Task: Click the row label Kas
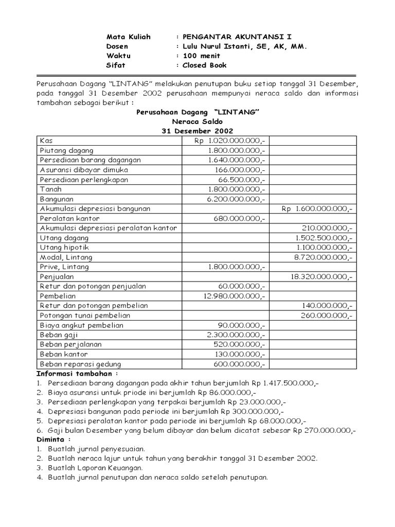pyautogui.click(x=46, y=140)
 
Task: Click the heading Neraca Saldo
pyautogui.click(x=197, y=121)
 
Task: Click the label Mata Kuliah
pyautogui.click(x=128, y=37)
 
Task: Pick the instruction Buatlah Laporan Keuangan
pyautogui.click(x=95, y=468)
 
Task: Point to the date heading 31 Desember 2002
pyautogui.click(x=197, y=131)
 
